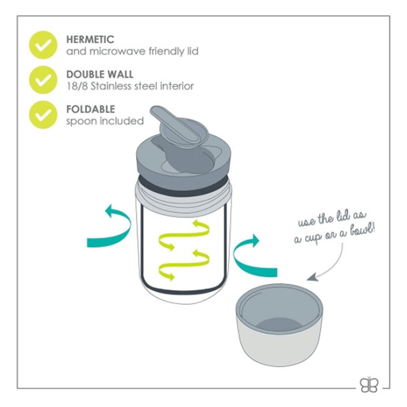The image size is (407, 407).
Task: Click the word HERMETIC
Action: [x=90, y=39]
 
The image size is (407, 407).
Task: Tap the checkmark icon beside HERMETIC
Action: [x=43, y=45]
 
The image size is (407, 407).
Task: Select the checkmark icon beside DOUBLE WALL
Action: [x=43, y=80]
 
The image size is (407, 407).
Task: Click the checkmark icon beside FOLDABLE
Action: [x=43, y=115]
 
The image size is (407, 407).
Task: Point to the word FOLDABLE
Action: [x=91, y=109]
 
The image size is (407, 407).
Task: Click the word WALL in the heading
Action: [x=120, y=74]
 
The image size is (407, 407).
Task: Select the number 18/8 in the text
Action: [x=77, y=86]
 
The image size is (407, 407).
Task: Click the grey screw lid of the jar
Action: [x=184, y=158]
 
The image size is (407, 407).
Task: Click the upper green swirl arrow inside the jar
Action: [x=184, y=235]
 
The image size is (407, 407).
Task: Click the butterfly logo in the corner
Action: [x=369, y=385]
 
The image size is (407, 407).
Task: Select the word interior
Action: [x=177, y=86]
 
